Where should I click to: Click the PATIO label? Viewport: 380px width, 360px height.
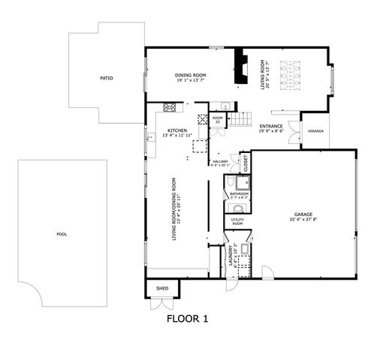(107, 78)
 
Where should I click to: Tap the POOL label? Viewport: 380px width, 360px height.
(62, 234)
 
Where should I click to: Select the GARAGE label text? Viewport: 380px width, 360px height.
(303, 216)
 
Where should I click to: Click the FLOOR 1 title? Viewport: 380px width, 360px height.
(186, 318)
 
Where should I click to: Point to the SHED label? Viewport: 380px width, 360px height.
(161, 288)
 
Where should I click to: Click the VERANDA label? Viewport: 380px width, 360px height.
(316, 131)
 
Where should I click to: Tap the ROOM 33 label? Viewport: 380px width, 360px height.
(217, 119)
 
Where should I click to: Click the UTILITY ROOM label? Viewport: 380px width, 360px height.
(237, 222)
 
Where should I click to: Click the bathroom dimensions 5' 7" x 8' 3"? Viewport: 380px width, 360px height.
(239, 197)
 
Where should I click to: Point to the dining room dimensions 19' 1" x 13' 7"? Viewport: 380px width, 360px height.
(191, 81)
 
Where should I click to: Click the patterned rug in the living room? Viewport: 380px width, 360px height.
(289, 74)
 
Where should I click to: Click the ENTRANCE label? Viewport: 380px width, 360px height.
(270, 125)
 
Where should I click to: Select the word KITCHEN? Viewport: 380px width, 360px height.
(176, 130)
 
